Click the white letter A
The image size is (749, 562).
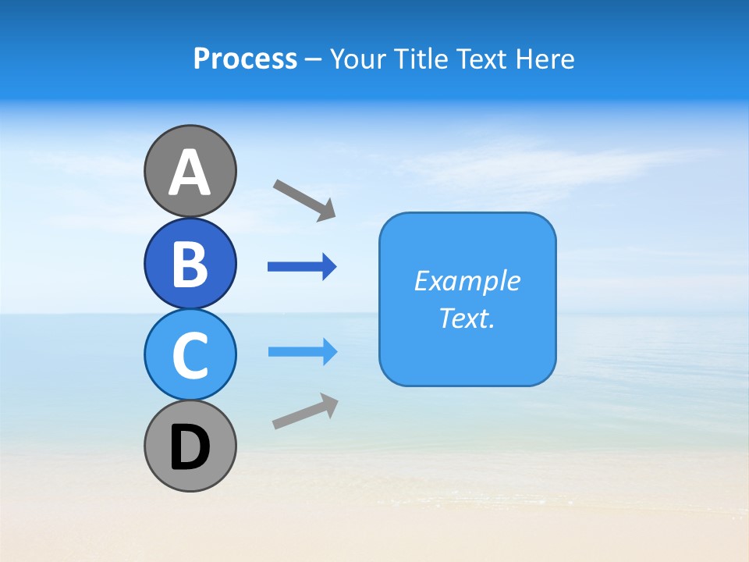pyautogui.click(x=190, y=173)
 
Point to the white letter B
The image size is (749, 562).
pyautogui.click(x=190, y=264)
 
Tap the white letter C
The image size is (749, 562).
pyautogui.click(x=190, y=355)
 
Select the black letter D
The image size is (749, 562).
pyautogui.click(x=190, y=446)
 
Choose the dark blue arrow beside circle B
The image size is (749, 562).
pyautogui.click(x=302, y=267)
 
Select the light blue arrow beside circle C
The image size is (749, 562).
pyautogui.click(x=302, y=351)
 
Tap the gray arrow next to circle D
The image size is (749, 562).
pyautogui.click(x=305, y=411)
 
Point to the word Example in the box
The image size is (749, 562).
pyautogui.click(x=467, y=281)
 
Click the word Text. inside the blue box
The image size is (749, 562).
pyautogui.click(x=467, y=318)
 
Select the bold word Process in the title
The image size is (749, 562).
pyautogui.click(x=245, y=59)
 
